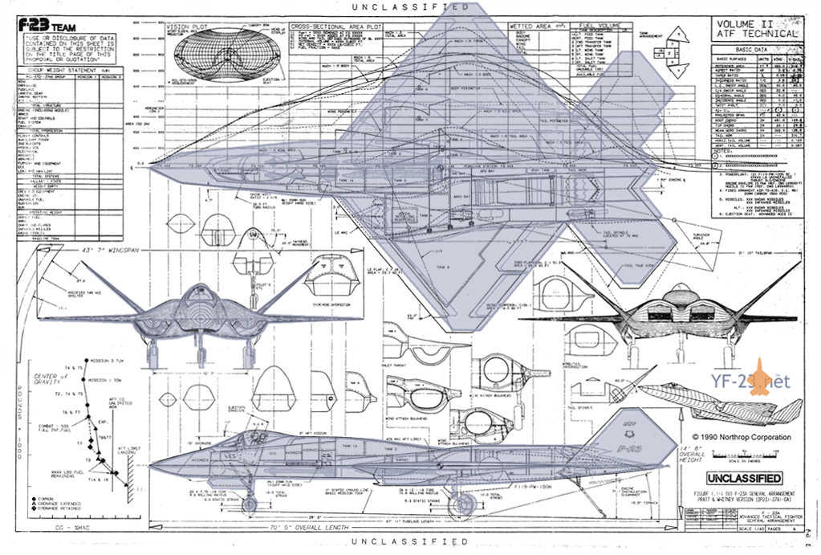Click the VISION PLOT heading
click(187, 27)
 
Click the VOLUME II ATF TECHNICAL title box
click(757, 29)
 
